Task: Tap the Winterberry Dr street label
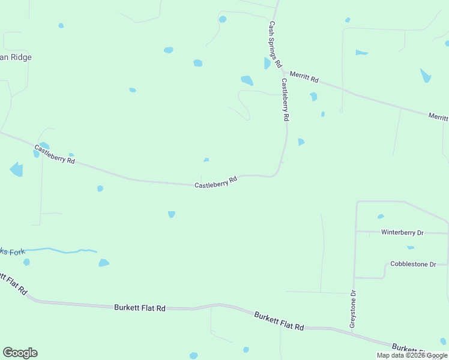402,232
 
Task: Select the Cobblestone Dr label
412,264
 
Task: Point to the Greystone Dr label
353,310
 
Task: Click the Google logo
20,353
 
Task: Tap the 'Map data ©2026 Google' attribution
412,355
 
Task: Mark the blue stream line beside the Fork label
60,250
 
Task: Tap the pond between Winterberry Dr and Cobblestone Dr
411,247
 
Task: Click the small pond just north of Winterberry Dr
381,217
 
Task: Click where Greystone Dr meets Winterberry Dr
356,231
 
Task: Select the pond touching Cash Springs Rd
267,63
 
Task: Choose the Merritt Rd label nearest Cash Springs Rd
304,77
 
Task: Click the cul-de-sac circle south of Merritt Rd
341,110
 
